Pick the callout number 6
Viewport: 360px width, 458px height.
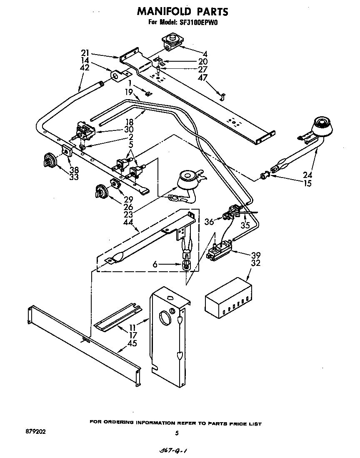(x=155, y=264)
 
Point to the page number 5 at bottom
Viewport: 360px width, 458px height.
(x=177, y=433)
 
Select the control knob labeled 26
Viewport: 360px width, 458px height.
(x=100, y=191)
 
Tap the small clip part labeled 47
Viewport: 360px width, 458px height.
(x=223, y=97)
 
